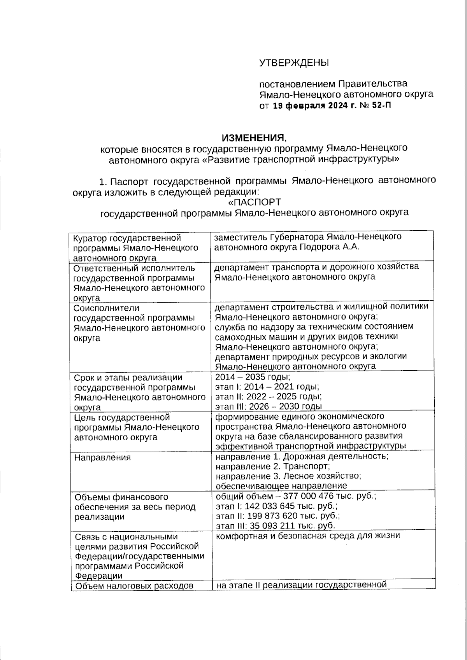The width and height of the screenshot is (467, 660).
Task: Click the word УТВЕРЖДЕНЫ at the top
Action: tap(294, 63)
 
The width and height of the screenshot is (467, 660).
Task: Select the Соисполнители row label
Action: tap(106, 308)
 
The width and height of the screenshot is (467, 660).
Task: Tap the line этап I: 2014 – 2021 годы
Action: tap(267, 387)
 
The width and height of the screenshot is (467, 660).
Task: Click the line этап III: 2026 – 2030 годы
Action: tap(269, 407)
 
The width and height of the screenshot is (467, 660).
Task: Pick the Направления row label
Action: tap(102, 457)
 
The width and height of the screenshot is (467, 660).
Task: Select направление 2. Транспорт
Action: tap(272, 466)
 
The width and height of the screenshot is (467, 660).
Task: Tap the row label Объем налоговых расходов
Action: tap(133, 586)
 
